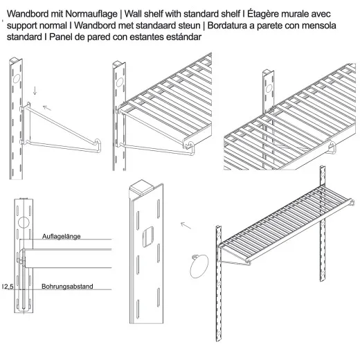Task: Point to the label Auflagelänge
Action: [x=62, y=236]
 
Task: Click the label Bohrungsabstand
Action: [x=67, y=287]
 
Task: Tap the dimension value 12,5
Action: [x=8, y=287]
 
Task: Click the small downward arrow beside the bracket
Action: [x=35, y=91]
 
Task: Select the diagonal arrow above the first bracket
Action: [x=47, y=108]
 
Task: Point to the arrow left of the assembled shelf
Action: [x=186, y=226]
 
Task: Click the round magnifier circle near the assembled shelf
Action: [x=199, y=266]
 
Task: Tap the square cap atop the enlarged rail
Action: [x=141, y=188]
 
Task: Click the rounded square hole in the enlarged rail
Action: [x=148, y=237]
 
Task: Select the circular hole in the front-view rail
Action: [x=24, y=222]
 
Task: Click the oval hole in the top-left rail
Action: [x=17, y=78]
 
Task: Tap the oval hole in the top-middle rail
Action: [x=120, y=82]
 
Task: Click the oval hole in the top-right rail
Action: [x=269, y=89]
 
